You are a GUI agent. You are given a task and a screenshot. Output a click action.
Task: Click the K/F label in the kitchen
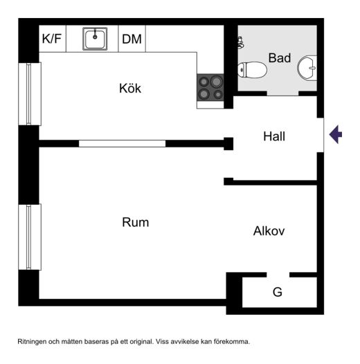point(52,39)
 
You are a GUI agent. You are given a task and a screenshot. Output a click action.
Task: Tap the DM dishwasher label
point(132,39)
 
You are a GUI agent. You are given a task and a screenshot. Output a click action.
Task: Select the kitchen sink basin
point(95,39)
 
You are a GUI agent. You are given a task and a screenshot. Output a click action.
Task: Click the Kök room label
point(130,88)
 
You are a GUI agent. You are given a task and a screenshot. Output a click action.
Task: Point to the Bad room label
point(280,58)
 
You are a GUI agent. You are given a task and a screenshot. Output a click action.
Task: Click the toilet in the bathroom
point(252,70)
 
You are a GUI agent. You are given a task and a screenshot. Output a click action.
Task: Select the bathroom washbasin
point(307,68)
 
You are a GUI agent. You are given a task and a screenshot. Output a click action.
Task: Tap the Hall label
point(274,136)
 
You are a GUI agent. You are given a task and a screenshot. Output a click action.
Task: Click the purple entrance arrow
point(336,134)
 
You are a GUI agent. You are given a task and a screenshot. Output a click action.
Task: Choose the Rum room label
point(136,222)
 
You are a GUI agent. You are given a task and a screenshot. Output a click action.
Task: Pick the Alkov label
point(269,231)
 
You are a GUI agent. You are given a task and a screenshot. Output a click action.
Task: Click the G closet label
point(278,292)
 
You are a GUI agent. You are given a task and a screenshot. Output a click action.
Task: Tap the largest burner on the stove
point(216,82)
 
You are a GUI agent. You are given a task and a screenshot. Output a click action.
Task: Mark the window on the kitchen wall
point(30,94)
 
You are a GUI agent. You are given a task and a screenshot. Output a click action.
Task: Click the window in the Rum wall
point(30,237)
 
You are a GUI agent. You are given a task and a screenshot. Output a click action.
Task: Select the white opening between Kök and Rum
point(122,143)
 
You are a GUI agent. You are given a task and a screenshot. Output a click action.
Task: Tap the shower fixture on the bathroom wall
point(241,42)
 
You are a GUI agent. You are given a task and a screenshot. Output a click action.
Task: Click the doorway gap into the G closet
point(278,275)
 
